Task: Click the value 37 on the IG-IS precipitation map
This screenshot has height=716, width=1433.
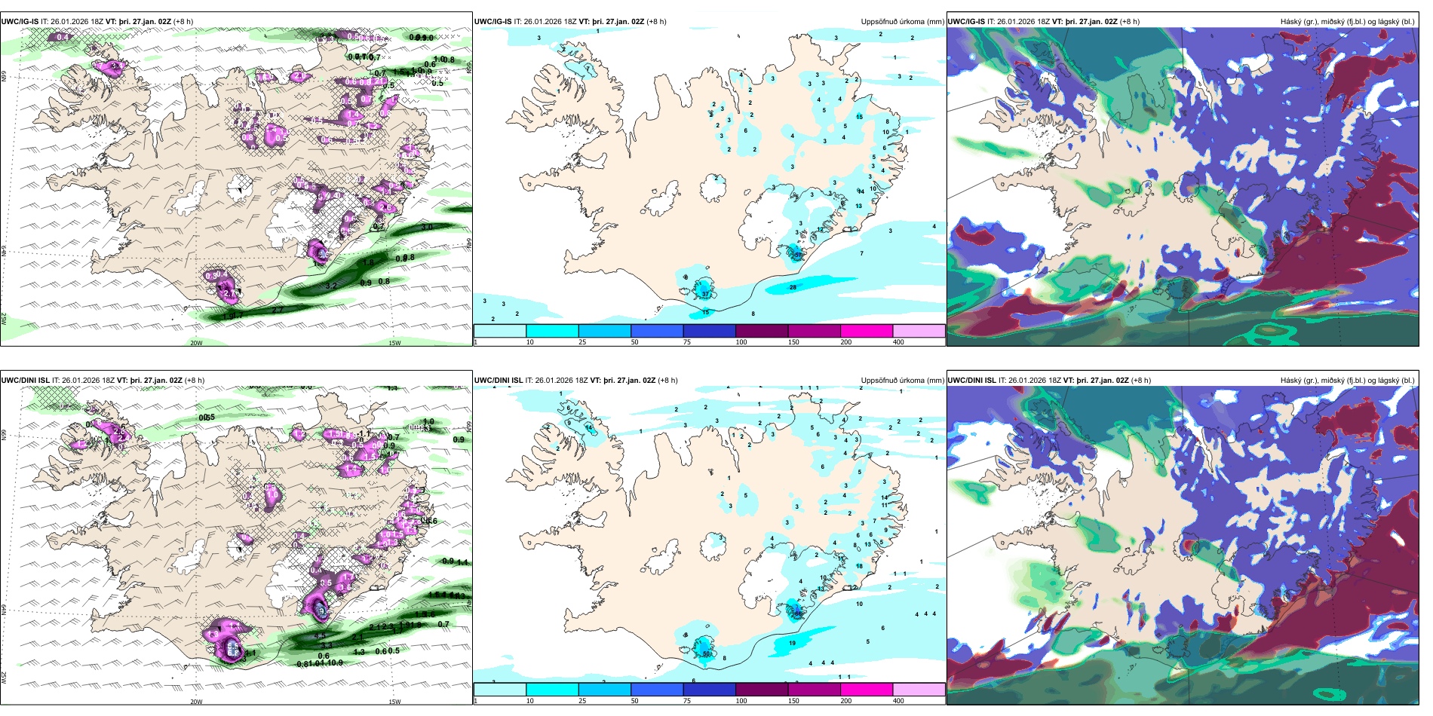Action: coord(705,294)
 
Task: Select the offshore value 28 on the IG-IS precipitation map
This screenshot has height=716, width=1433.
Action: coord(793,287)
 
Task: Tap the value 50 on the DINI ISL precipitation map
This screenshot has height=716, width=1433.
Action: coord(707,654)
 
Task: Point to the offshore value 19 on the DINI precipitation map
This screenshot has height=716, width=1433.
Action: coord(792,644)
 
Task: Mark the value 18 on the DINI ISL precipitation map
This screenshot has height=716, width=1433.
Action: coord(859,566)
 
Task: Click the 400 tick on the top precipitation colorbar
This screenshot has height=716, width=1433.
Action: coord(898,342)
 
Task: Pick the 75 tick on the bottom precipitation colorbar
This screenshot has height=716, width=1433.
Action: coord(687,701)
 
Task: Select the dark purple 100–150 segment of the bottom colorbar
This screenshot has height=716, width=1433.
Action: coord(761,690)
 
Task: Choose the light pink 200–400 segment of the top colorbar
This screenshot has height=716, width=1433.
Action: coord(918,331)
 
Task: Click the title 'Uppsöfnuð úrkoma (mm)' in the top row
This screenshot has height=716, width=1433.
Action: coord(902,22)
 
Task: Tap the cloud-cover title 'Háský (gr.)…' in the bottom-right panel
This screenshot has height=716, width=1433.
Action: coord(1347,381)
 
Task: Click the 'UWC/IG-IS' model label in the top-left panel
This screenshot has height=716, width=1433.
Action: coord(20,22)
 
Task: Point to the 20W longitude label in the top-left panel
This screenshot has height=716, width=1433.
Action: coord(196,343)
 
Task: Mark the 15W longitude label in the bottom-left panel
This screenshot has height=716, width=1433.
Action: coord(394,702)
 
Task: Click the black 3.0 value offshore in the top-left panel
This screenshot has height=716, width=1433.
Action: coord(427,227)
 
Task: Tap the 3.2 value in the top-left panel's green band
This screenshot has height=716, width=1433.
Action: coord(331,286)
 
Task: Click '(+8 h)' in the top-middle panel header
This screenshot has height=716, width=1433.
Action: coord(656,22)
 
